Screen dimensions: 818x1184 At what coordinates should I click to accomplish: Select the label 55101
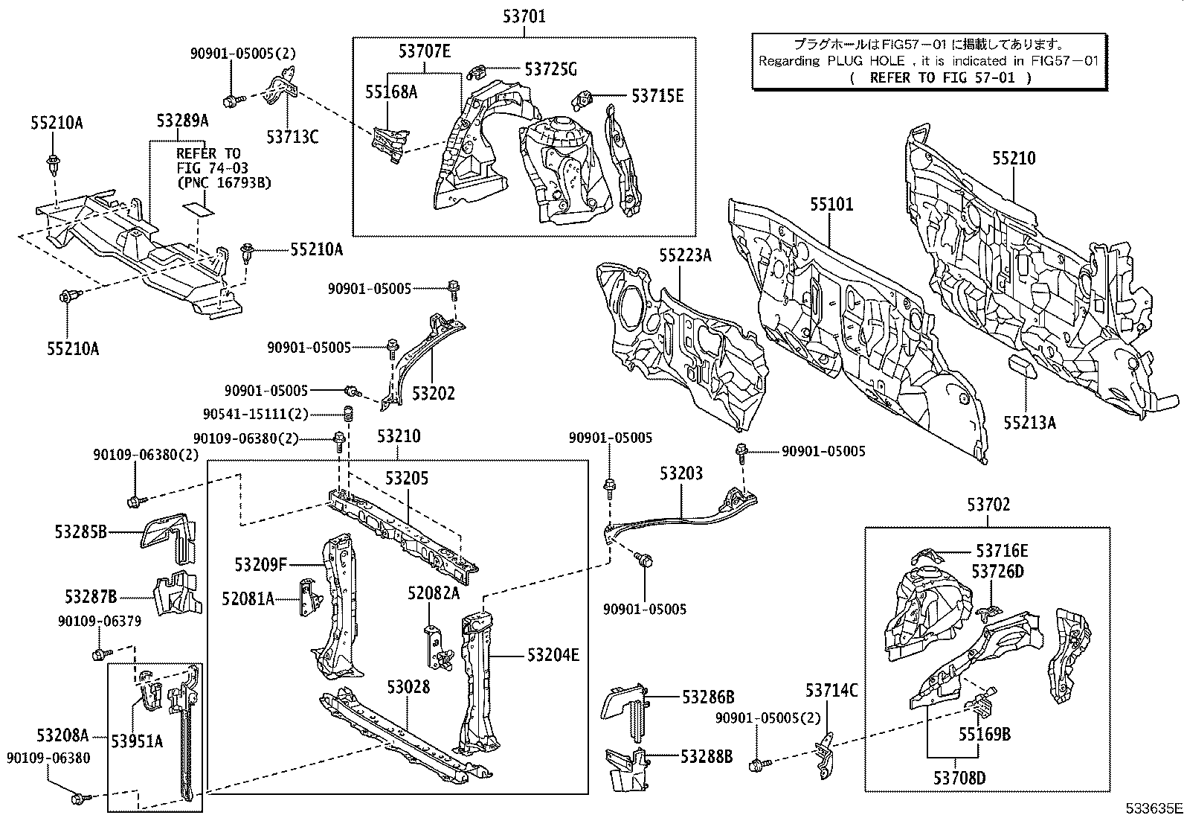[x=831, y=204]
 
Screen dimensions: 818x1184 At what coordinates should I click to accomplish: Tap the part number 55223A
[x=684, y=256]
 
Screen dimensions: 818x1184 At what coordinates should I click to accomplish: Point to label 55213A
[x=1029, y=423]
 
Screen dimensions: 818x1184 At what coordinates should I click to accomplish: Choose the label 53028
[x=408, y=687]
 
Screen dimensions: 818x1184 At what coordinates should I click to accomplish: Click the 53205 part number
[x=407, y=478]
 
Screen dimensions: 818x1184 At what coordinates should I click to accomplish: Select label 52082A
[x=433, y=592]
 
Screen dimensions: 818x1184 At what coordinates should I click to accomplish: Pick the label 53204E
[x=553, y=655]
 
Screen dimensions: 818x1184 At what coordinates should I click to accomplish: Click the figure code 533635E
[x=1153, y=808]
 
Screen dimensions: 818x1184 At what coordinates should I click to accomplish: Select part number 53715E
[x=657, y=95]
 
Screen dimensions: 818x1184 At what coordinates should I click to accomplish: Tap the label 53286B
[x=708, y=697]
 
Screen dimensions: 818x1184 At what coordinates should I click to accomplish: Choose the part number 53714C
[x=831, y=690]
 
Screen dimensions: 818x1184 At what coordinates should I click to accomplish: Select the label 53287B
[x=91, y=596]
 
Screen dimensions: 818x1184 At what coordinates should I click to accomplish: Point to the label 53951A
[x=137, y=741]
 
